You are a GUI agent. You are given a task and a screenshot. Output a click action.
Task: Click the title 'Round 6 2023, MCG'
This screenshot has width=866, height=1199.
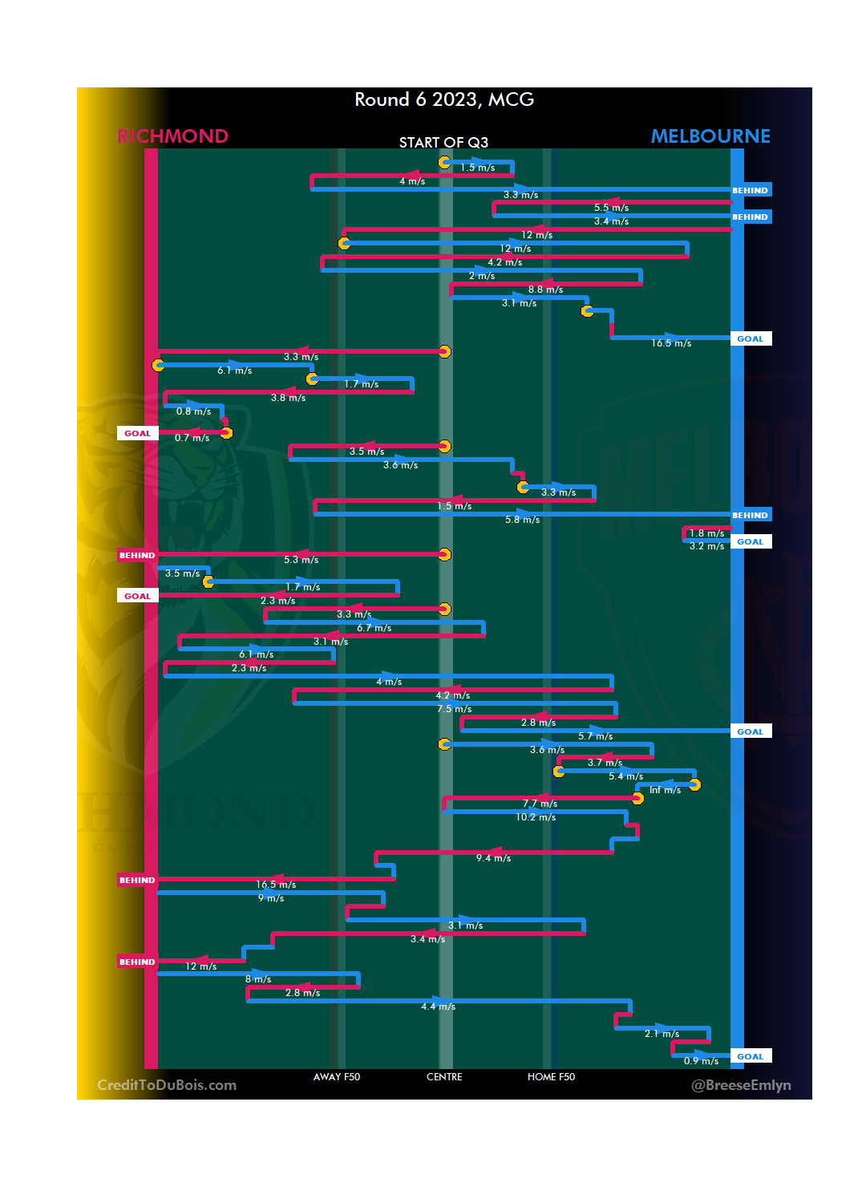click(x=444, y=99)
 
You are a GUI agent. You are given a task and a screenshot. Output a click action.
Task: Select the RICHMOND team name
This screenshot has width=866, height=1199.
click(x=173, y=136)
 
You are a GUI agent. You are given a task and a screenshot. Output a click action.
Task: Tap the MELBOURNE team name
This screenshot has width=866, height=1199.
click(x=710, y=136)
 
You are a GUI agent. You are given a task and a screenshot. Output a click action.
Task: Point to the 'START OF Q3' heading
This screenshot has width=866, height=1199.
click(x=443, y=143)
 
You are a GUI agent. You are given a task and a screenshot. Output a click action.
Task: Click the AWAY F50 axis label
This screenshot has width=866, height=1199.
click(x=337, y=1077)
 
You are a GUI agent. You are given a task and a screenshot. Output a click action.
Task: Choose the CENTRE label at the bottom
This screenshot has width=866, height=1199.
click(x=444, y=1077)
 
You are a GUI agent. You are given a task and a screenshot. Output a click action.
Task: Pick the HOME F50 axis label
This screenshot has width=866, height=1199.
click(x=551, y=1077)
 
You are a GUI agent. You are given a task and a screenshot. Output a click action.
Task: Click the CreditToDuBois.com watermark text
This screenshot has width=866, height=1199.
click(x=167, y=1085)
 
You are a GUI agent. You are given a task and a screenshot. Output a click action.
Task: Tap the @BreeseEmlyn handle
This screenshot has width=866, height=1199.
click(x=741, y=1085)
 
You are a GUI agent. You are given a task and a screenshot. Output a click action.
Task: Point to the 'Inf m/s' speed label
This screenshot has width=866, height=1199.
click(x=665, y=791)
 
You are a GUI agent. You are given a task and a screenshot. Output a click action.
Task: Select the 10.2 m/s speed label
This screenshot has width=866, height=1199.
click(x=536, y=817)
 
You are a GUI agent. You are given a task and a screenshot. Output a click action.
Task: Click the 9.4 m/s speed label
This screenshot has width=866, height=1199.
click(x=493, y=858)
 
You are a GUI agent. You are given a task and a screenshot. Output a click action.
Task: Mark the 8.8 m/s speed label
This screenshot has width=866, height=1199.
click(x=545, y=290)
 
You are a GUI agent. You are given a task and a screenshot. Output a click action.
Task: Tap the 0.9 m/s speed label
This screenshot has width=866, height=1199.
click(x=701, y=1061)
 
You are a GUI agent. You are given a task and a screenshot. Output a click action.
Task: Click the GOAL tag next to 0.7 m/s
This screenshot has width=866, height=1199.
click(x=137, y=434)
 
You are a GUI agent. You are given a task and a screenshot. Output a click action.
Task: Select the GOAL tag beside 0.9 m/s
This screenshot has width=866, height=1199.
click(x=751, y=1057)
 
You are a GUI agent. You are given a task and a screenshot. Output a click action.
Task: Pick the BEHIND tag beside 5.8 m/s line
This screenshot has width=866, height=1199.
click(x=750, y=516)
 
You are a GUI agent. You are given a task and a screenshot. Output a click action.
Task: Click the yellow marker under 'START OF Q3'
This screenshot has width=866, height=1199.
click(x=444, y=163)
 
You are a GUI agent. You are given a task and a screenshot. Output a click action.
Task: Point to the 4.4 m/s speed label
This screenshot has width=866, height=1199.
click(x=438, y=1007)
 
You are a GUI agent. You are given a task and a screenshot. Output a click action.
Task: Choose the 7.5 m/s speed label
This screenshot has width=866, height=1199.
click(x=454, y=709)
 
